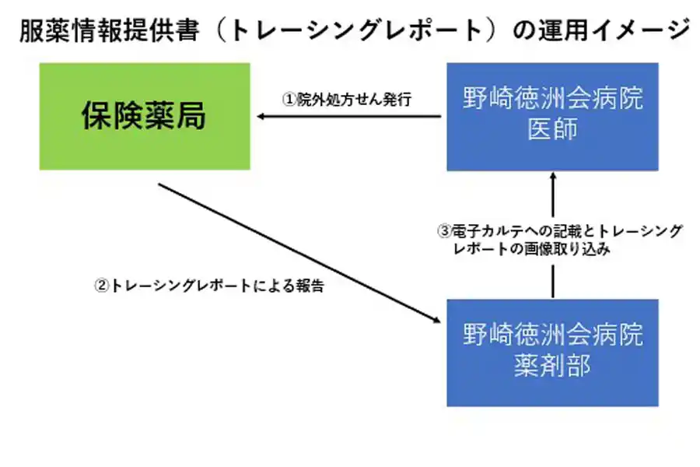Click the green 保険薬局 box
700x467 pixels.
[145, 117]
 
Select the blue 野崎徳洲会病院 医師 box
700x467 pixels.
[552, 117]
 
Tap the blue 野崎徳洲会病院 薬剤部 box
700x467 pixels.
[552, 353]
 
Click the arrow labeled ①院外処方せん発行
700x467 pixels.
[350, 118]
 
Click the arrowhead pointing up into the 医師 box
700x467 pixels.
[553, 177]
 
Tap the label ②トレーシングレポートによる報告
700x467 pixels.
[208, 286]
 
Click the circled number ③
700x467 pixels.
[444, 231]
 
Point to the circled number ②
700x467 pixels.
[101, 286]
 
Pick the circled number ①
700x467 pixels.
[289, 100]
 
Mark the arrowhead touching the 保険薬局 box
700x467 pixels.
[263, 118]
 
